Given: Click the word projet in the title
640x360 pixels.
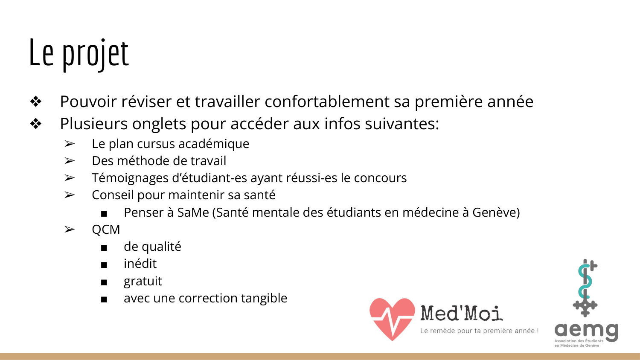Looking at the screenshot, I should [x=95, y=54].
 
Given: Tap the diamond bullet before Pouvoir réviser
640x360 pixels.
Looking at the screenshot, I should [x=36, y=102].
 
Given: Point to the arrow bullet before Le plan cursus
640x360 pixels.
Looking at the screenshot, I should [x=70, y=144].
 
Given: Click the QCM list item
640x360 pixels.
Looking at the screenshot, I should [x=106, y=229].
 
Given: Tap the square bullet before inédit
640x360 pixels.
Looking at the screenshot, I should [x=104, y=265].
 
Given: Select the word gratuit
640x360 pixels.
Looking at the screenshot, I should [x=143, y=281].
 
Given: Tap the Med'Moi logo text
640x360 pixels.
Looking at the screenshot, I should [x=462, y=313].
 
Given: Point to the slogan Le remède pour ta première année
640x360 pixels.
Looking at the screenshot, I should [x=479, y=331].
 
